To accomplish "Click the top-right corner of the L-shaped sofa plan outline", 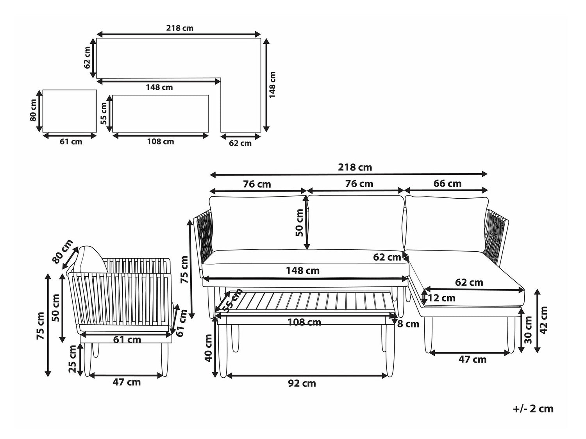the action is (x=260, y=38).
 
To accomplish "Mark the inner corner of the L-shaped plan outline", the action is (x=221, y=78).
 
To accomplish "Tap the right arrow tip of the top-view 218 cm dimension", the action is (x=260, y=34).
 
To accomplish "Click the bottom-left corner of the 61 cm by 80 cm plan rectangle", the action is (x=43, y=132).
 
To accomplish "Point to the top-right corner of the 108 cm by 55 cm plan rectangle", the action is (x=209, y=95).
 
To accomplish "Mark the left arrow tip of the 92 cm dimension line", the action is (x=227, y=376).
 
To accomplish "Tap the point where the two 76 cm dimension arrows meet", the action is (x=307, y=190).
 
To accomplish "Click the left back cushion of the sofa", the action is (x=258, y=223).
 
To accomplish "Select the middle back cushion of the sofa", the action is (x=356, y=223).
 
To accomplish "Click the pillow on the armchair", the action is (x=89, y=259).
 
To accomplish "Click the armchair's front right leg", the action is (x=165, y=359).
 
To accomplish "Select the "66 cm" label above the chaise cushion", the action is (x=447, y=183).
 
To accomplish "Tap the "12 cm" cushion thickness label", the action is (x=441, y=298).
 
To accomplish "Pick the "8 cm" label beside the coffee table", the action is (x=408, y=324).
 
